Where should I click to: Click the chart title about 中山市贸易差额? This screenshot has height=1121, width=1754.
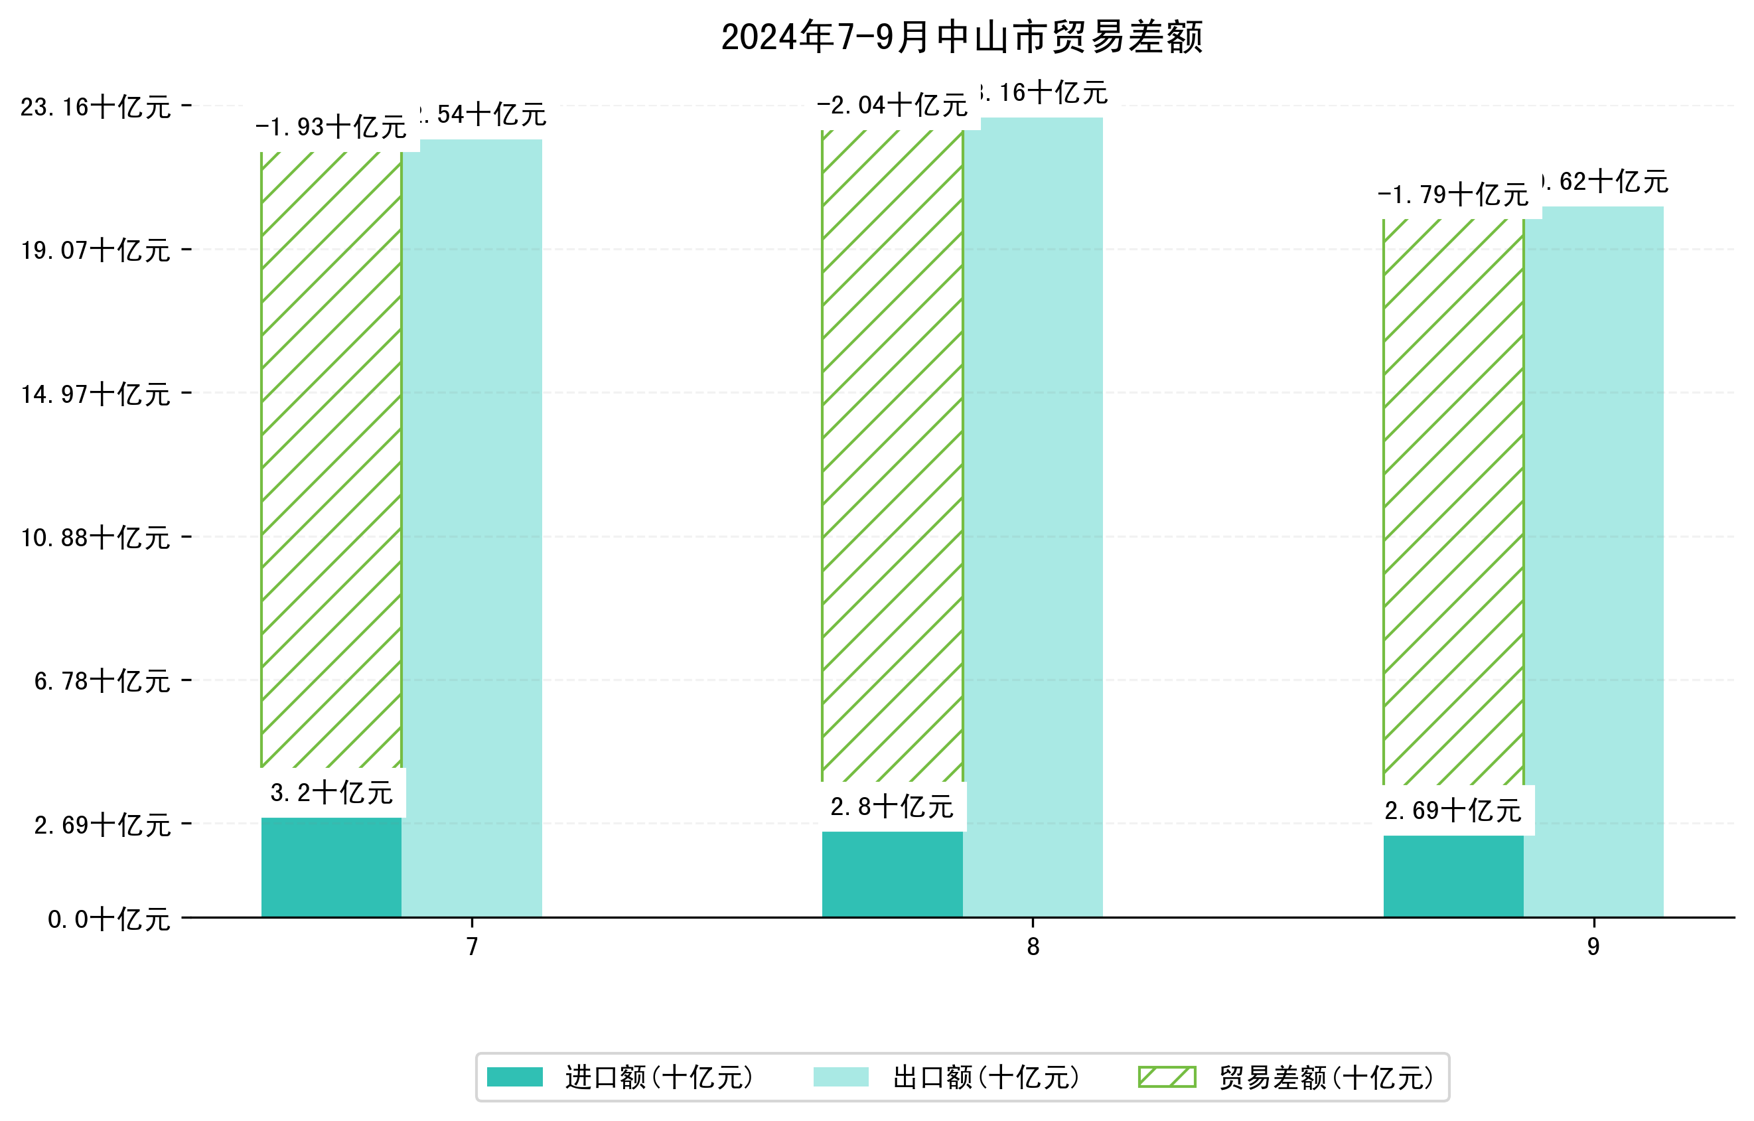tap(962, 37)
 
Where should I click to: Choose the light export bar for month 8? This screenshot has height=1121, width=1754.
tap(1033, 517)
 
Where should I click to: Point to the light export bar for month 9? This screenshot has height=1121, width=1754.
tap(1594, 561)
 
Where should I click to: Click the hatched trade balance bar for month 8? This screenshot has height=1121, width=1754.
tap(893, 455)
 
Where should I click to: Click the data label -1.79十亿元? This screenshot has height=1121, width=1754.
tap(1453, 194)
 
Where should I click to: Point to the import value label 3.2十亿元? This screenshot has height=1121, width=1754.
tap(331, 792)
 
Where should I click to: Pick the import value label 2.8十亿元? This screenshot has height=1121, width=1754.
tap(893, 806)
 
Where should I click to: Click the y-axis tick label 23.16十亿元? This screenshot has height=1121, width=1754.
tap(96, 107)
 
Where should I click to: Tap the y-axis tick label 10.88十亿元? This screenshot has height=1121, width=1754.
tap(96, 538)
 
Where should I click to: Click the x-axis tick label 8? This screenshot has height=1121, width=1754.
tap(1033, 947)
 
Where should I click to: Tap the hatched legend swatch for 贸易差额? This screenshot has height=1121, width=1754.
tap(1167, 1077)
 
